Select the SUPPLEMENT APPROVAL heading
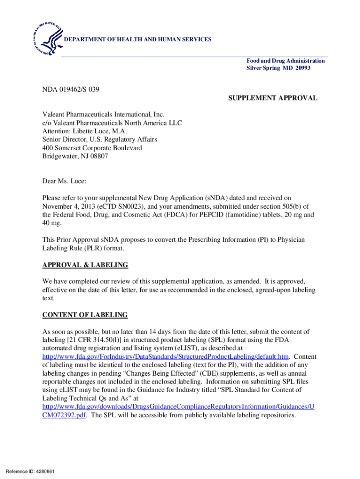(273, 98)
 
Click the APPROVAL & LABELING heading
(85, 265)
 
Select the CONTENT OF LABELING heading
(85, 315)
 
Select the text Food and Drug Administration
(286, 61)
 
